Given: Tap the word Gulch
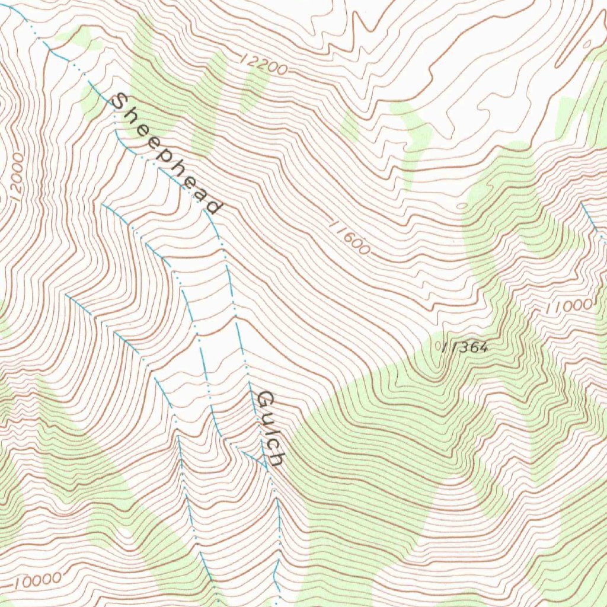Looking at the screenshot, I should [272, 427].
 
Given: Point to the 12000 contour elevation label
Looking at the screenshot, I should [16, 177].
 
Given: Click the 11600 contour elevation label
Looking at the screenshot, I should [349, 237].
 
